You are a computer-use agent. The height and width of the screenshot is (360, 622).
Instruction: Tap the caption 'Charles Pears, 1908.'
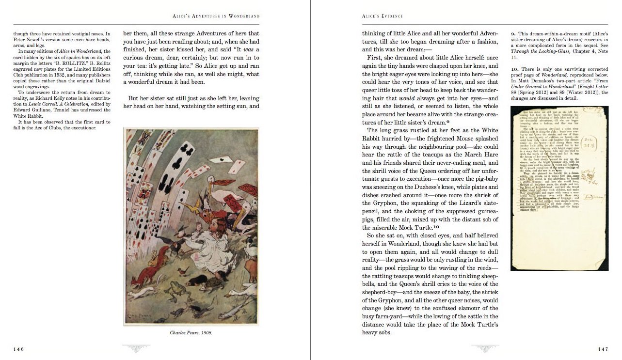(x=191, y=333)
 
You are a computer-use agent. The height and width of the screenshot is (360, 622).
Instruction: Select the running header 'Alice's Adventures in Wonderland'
(x=216, y=16)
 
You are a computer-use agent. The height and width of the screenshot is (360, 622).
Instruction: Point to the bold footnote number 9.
(x=513, y=33)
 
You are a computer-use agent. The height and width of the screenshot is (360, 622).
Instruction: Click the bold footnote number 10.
(x=515, y=69)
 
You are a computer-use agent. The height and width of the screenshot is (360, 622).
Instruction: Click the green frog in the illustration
(x=173, y=291)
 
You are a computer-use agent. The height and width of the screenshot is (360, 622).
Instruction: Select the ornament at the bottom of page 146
(x=136, y=348)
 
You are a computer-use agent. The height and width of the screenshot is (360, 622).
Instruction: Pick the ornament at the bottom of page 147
(x=485, y=348)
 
